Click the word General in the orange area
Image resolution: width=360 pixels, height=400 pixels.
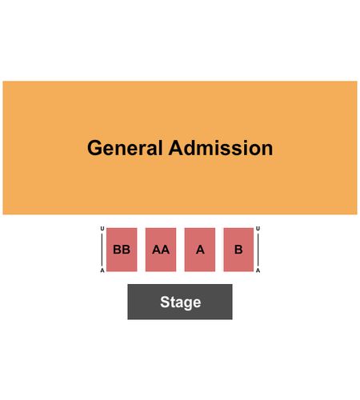tap(125, 148)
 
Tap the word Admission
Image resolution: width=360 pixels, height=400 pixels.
tap(221, 148)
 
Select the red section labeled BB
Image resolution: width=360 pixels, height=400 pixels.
tap(122, 250)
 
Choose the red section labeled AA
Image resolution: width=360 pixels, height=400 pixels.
tap(161, 250)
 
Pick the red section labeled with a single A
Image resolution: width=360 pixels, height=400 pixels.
tap(200, 250)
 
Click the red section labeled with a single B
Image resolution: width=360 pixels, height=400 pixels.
tap(238, 250)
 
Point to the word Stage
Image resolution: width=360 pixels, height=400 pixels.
tap(181, 302)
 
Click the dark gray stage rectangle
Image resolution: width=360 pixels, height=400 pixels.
tap(180, 302)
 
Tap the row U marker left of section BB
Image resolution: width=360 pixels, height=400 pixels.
tap(102, 229)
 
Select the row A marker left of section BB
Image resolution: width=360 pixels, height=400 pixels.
tap(102, 270)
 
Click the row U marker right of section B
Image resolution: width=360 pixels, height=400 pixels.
tap(258, 229)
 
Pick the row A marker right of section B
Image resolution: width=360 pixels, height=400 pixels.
tap(258, 270)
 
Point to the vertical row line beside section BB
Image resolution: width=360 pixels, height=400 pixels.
tap(102, 250)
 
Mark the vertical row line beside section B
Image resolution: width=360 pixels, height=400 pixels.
tap(258, 250)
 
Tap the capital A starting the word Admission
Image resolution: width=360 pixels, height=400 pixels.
tap(176, 148)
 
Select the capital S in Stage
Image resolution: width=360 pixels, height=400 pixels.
tap(165, 302)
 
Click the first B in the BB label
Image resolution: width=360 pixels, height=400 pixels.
tap(117, 250)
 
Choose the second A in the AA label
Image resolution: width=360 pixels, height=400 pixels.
tap(165, 250)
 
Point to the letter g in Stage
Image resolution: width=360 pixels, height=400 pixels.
tap(188, 305)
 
